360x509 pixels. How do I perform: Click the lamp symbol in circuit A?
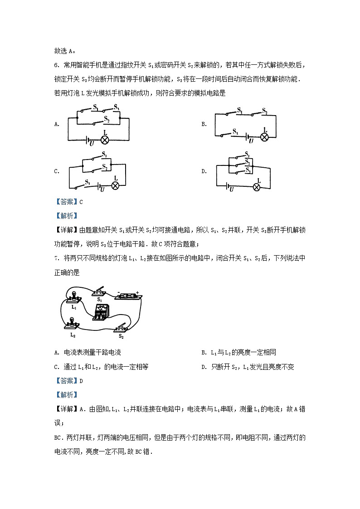click(105, 139)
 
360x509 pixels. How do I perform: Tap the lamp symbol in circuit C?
click(115, 185)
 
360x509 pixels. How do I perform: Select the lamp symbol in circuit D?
click(257, 186)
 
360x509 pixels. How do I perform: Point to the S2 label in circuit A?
click(107, 119)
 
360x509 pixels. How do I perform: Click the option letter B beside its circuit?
click(204, 124)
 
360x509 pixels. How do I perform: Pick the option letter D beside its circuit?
click(204, 171)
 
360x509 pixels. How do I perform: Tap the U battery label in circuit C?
click(102, 189)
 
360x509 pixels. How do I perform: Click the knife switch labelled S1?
click(100, 292)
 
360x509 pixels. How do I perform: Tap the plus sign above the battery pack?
click(136, 292)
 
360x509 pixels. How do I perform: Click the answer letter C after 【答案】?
click(81, 202)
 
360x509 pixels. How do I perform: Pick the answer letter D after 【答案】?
click(81, 381)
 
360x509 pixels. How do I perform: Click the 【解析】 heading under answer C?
click(67, 216)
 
